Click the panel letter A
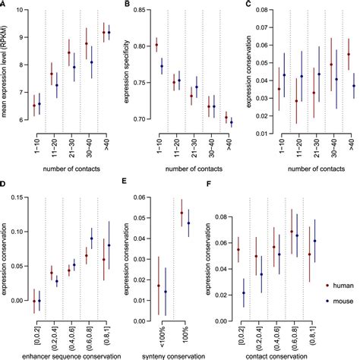coord(4,5)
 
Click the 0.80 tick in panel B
coord(139,46)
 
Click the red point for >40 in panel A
coord(104,31)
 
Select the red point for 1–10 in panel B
coord(156,46)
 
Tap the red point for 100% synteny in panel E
coord(182,213)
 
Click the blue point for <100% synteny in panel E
coord(165,292)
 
